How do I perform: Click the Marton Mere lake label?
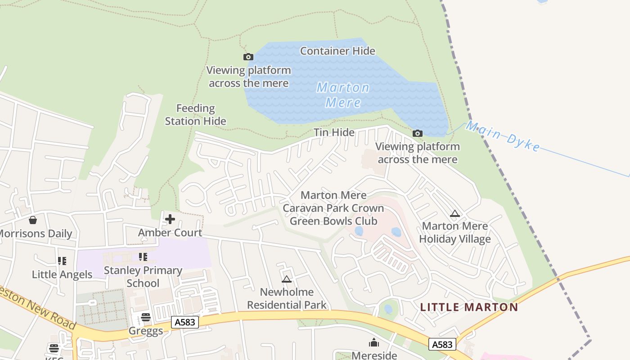[x=343, y=95]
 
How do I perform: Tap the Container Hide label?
[x=337, y=51]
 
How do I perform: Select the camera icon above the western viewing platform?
[x=248, y=57]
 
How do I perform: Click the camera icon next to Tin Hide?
[x=418, y=133]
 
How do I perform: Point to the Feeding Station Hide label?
[x=195, y=115]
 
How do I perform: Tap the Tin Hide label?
[x=334, y=132]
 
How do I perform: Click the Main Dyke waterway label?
[x=503, y=136]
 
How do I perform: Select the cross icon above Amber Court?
[x=170, y=219]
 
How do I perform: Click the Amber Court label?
[x=170, y=233]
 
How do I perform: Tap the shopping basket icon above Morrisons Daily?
[x=32, y=220]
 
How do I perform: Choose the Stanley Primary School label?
[x=143, y=277]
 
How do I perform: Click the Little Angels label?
[x=62, y=274]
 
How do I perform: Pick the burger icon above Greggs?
[x=146, y=317]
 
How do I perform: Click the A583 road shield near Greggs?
[x=185, y=322]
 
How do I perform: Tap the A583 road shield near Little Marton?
[x=442, y=344]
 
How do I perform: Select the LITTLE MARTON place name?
[x=469, y=307]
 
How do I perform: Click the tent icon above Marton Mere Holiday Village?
[x=455, y=213]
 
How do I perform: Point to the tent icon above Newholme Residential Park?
[x=287, y=279]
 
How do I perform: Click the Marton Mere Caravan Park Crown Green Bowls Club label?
[x=333, y=208]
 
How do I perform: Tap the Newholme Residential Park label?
[x=287, y=298]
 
